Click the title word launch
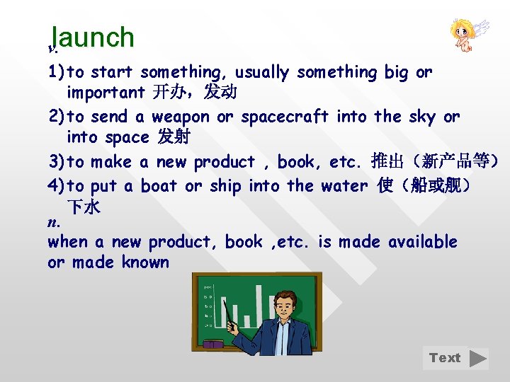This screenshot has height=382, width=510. [x=93, y=37]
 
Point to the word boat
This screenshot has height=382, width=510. [x=159, y=186]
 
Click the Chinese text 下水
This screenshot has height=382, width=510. [x=84, y=207]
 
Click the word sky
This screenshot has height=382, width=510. [x=422, y=117]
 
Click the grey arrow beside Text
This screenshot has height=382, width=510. [x=479, y=358]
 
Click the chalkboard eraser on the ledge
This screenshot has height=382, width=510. [x=213, y=345]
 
